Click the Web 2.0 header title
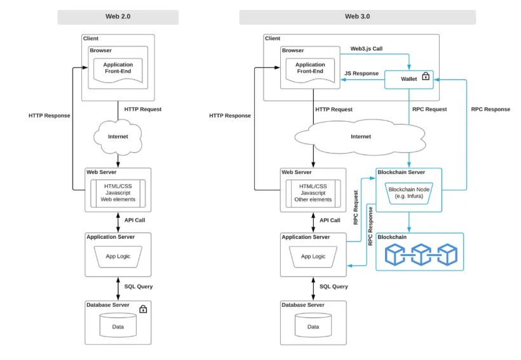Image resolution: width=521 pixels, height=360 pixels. coord(118,17)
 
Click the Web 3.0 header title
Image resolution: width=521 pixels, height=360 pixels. coord(357,17)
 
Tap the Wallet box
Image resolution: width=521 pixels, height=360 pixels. coord(409,79)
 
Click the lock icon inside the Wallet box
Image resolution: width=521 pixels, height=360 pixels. coord(426,76)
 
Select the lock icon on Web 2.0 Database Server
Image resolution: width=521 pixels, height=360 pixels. coord(143,309)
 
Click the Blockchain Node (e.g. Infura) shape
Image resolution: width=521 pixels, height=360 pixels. coord(409,193)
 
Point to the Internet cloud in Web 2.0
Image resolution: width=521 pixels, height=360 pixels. coord(118,137)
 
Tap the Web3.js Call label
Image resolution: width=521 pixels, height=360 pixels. coord(366,49)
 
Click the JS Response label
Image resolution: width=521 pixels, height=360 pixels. coord(362,74)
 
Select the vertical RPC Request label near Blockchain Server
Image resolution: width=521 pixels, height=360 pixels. coord(356,208)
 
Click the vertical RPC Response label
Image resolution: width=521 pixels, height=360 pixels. coord(370,226)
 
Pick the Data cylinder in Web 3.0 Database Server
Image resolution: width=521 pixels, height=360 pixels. coord(313,325)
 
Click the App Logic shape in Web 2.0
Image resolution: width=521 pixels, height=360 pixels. coord(118,257)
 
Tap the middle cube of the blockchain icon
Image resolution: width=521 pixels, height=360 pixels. coord(421,255)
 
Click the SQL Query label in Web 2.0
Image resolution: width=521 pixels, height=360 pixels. coord(139,286)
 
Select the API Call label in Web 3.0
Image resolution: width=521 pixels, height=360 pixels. coord(330,220)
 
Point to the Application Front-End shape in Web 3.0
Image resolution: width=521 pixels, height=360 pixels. coord(310,70)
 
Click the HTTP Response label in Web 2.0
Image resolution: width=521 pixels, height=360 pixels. coord(49,116)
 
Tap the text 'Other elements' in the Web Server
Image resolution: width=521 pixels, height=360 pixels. coord(313,199)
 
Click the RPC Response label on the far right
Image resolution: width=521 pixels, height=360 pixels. coord(491,109)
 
